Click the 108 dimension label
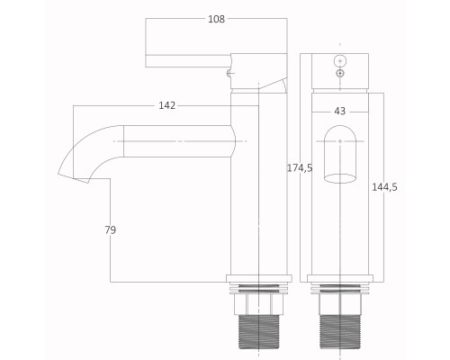[x=216, y=19]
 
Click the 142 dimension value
[x=166, y=105]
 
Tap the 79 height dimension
[x=111, y=230]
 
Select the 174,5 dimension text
[x=300, y=168]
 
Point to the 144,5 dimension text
[x=384, y=187]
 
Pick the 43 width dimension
[x=339, y=112]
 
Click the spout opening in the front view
[x=340, y=178]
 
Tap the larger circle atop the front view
[x=340, y=61]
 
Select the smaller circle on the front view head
[x=340, y=73]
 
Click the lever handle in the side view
[x=188, y=61]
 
